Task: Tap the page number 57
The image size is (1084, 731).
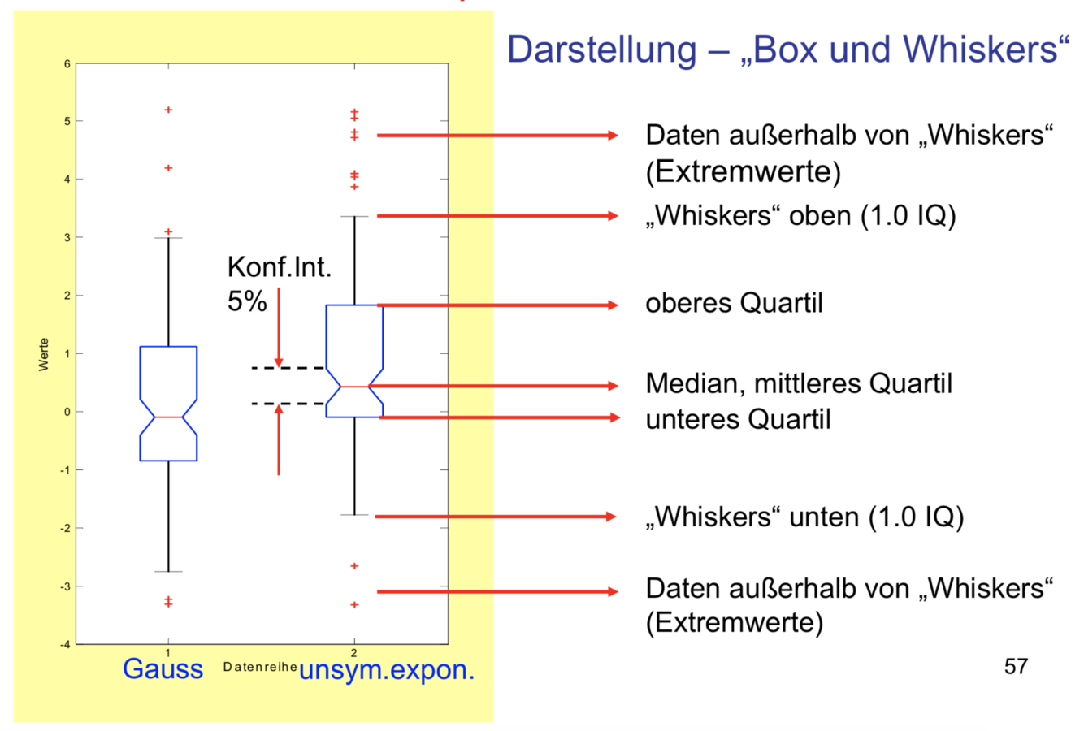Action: tap(1016, 667)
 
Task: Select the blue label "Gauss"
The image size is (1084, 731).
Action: tap(163, 668)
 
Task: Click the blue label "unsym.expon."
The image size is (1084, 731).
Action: tap(387, 671)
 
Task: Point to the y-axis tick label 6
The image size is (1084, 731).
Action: tap(67, 63)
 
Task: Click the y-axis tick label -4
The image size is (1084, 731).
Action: tap(66, 644)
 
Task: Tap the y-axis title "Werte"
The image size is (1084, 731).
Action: tap(44, 355)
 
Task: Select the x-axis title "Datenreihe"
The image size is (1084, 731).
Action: tap(259, 667)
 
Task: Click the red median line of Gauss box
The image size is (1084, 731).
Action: tap(168, 417)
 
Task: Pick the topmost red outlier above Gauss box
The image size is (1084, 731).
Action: tap(168, 110)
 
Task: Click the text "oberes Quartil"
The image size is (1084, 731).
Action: tap(734, 304)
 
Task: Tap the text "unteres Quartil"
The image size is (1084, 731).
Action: tap(738, 420)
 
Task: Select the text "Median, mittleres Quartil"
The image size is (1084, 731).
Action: tap(798, 383)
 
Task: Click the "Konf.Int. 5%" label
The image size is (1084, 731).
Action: tap(279, 283)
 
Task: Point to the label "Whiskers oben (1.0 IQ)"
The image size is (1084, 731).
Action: tap(800, 216)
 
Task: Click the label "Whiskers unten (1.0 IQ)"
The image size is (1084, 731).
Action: tap(804, 517)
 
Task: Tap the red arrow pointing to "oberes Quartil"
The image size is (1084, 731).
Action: tap(497, 305)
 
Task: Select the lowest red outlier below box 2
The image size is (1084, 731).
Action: tap(354, 605)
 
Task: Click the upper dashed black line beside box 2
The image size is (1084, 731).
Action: tap(288, 368)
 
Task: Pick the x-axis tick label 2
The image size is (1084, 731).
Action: tap(354, 652)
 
